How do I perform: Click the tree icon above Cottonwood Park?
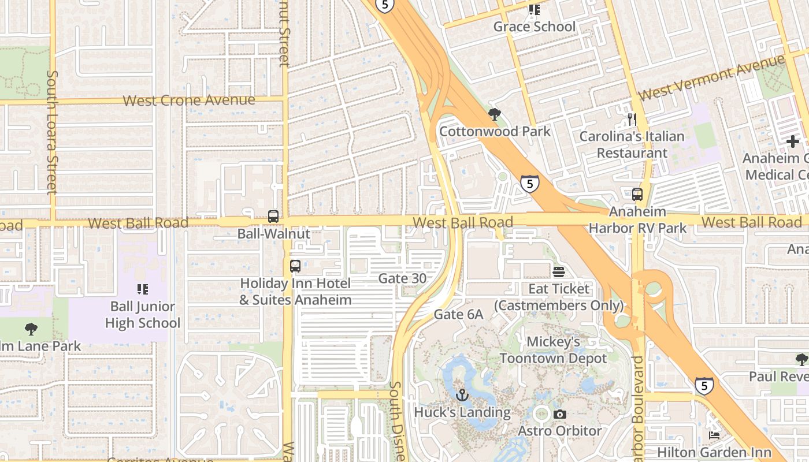[494, 114]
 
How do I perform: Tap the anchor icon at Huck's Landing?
[462, 396]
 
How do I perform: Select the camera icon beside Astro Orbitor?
[559, 414]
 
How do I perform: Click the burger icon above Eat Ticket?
[559, 271]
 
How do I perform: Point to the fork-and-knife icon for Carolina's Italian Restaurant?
[632, 120]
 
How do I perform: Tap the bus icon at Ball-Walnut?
[273, 217]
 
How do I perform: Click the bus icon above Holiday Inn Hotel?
[295, 266]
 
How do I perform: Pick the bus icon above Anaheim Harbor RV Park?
[637, 195]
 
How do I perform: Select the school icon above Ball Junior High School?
[142, 289]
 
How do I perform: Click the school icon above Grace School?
[535, 10]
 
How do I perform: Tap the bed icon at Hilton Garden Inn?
[715, 435]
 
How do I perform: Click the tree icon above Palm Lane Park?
[31, 329]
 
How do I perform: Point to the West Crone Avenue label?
[189, 100]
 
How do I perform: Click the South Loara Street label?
[52, 132]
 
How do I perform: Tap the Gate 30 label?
[402, 278]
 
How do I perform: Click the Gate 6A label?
[458, 314]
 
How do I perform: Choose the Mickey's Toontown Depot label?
[554, 350]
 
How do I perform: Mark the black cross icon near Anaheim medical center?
[792, 141]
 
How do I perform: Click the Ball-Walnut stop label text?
[274, 234]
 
